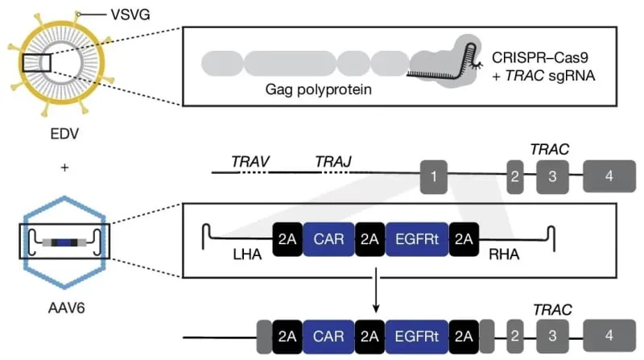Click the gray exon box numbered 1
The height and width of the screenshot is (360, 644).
pyautogui.click(x=434, y=174)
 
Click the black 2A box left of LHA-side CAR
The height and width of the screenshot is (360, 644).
pyautogui.click(x=288, y=239)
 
